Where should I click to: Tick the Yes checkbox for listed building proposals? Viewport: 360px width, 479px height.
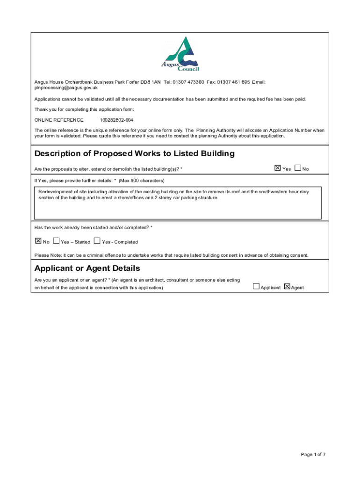pos(277,168)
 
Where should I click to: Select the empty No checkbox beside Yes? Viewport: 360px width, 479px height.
pos(298,168)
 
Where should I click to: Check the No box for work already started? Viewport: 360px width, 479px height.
pos(38,241)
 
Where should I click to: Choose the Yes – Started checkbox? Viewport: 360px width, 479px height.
pos(56,241)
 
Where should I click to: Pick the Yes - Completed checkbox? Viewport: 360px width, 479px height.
pos(97,241)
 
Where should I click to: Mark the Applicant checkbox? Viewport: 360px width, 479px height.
pos(256,287)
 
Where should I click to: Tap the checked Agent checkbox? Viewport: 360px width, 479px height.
pos(287,287)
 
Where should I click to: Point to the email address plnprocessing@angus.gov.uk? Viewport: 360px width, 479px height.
pos(66,87)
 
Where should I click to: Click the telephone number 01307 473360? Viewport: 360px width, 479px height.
pos(188,82)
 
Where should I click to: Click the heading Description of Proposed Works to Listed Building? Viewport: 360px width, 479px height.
pos(135,154)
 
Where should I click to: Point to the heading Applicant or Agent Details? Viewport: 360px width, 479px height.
pos(87,269)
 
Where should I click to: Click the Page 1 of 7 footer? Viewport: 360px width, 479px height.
pos(313,454)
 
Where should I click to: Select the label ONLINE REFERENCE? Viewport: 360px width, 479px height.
pos(59,120)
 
